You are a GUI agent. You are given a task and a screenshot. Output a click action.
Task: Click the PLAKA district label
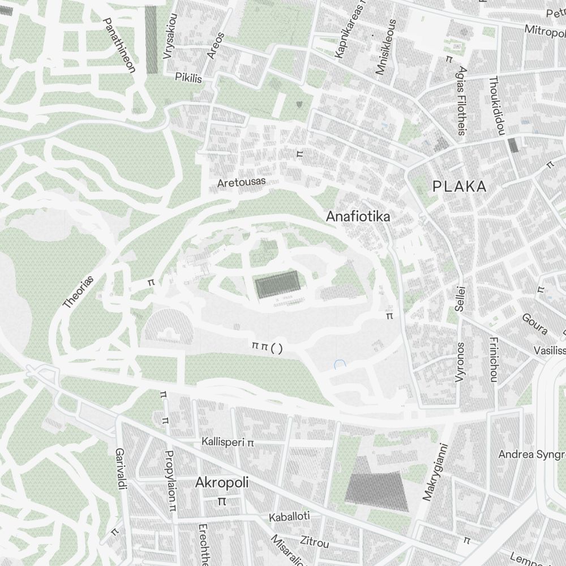pyautogui.click(x=459, y=186)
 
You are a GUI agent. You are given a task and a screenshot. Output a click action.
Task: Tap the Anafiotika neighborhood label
pyautogui.click(x=358, y=216)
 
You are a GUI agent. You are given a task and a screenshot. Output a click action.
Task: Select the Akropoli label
pyautogui.click(x=222, y=482)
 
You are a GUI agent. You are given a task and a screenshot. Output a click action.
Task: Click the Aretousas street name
pyautogui.click(x=241, y=182)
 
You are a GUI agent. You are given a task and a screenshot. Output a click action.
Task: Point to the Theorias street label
pyautogui.click(x=78, y=292)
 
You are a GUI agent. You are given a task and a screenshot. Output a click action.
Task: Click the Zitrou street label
pyautogui.click(x=314, y=542)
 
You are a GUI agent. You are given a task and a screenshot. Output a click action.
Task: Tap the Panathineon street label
pyautogui.click(x=119, y=45)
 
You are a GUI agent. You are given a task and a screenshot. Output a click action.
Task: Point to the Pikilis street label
pyautogui.click(x=188, y=78)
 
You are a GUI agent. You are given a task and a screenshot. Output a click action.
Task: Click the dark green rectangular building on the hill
pyautogui.click(x=277, y=284)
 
